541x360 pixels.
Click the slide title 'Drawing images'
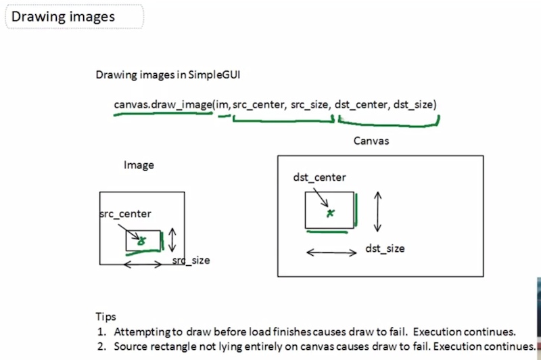[63, 17]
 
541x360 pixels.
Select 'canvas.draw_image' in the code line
[163, 105]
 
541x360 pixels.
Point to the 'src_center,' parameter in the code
[260, 105]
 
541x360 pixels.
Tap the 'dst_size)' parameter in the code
[415, 104]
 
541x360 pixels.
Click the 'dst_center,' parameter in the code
[362, 104]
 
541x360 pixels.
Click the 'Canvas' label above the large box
[371, 141]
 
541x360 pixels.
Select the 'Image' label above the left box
[139, 165]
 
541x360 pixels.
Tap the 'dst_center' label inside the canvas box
[319, 177]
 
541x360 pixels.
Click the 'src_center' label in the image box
[125, 214]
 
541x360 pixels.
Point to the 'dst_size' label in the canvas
[385, 248]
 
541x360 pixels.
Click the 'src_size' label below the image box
[191, 261]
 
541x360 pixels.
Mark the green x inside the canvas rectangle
[330, 213]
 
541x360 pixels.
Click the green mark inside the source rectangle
[141, 241]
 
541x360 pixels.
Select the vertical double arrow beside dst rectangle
[378, 212]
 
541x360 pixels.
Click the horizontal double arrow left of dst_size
[331, 252]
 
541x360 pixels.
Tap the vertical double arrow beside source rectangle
[172, 240]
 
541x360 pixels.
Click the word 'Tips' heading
[106, 317]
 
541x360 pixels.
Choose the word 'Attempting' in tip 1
[142, 332]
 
